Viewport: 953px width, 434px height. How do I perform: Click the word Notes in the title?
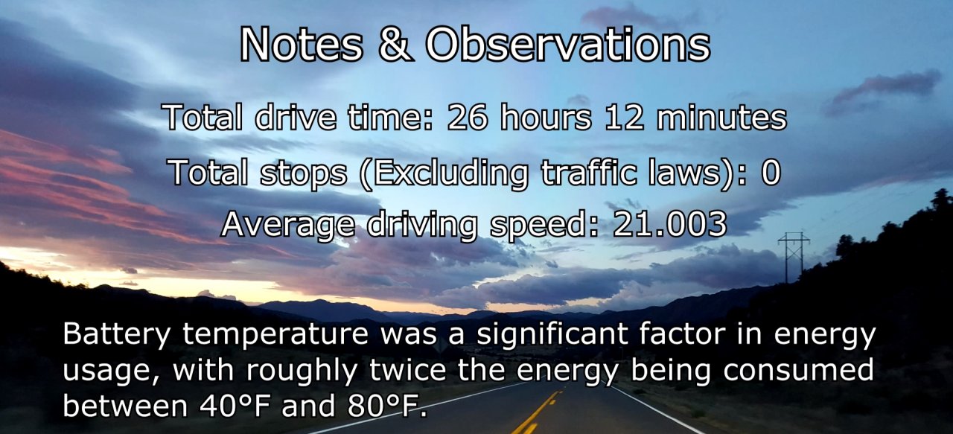(x=302, y=44)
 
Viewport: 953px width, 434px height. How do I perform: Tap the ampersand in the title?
(x=395, y=44)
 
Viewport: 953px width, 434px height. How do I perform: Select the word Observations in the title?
(x=568, y=44)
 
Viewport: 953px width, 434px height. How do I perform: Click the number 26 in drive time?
(x=468, y=117)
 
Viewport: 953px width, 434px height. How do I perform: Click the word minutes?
(x=722, y=117)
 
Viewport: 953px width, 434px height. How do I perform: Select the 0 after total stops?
(x=771, y=173)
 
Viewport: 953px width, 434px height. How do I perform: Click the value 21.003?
(x=669, y=224)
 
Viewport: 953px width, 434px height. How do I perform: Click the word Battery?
(x=117, y=334)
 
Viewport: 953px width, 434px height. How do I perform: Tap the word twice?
(x=407, y=369)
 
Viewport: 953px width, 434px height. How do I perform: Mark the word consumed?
(x=799, y=370)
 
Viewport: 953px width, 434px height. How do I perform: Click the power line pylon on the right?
(x=794, y=258)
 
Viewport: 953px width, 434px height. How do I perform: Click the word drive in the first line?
(x=295, y=117)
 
